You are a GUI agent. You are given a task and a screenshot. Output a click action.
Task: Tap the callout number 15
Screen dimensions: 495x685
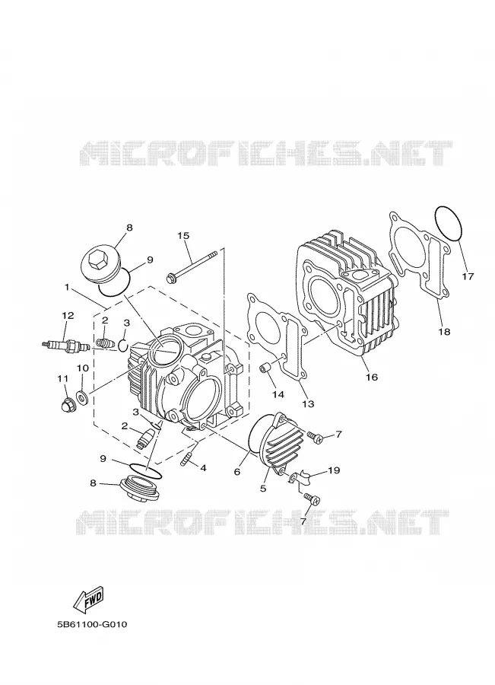(x=183, y=235)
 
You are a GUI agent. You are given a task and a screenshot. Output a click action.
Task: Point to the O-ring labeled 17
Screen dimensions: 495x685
(x=449, y=223)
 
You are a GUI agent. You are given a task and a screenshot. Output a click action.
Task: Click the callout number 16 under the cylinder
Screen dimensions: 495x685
(x=372, y=377)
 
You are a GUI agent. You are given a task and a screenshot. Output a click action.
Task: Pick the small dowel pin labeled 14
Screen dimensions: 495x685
(x=265, y=368)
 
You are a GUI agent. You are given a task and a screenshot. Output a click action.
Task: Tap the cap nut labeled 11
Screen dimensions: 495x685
(x=67, y=406)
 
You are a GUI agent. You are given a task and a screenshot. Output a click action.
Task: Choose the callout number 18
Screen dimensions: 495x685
(x=444, y=332)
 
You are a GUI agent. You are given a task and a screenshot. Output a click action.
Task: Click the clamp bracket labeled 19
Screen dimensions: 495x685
(x=300, y=479)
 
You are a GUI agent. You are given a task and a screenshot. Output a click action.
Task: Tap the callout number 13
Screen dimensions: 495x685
(x=308, y=404)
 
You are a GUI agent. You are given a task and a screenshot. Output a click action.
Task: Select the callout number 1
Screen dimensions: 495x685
(x=67, y=287)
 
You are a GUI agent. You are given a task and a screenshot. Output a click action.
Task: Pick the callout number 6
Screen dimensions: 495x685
(x=237, y=472)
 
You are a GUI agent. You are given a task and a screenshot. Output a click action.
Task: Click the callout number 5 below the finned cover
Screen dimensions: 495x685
(x=263, y=489)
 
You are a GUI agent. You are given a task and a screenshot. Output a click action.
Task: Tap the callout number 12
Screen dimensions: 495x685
(x=68, y=315)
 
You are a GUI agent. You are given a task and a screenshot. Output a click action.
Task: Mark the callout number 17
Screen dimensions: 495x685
(x=468, y=276)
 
